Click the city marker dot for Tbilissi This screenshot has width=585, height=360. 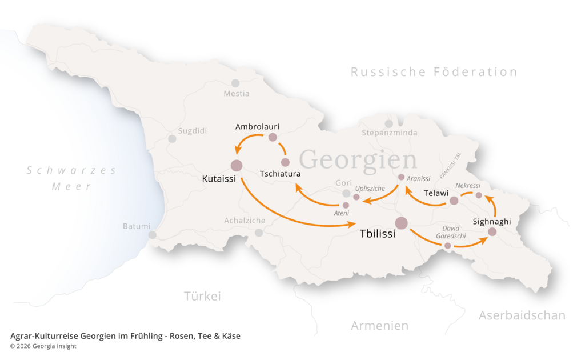click(x=401, y=223)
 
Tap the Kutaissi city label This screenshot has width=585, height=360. click(x=220, y=179)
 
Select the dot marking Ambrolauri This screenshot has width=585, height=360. click(x=273, y=137)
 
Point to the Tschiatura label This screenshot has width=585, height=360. click(x=280, y=173)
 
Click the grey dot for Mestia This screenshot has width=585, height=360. click(x=235, y=83)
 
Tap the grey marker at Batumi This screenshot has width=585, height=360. click(x=152, y=234)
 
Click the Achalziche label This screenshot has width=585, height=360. click(x=245, y=221)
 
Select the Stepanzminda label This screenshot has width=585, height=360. click(x=390, y=133)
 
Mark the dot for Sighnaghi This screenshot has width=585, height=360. click(x=492, y=232)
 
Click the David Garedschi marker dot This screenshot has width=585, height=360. click(x=447, y=246)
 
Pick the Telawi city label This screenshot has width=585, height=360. click(x=436, y=193)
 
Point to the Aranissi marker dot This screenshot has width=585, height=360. click(x=401, y=177)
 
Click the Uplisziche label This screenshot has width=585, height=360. click(x=370, y=188)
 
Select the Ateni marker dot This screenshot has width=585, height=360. click(x=346, y=205)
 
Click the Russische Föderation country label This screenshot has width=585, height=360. click(x=434, y=72)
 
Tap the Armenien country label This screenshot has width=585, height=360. click(x=379, y=326)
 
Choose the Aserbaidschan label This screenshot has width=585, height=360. click(x=522, y=315)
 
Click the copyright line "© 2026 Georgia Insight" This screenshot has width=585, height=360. click(x=43, y=346)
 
